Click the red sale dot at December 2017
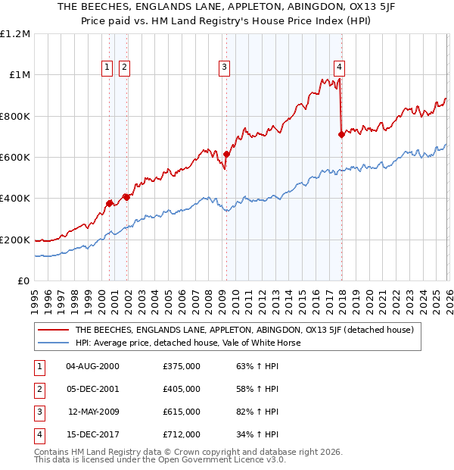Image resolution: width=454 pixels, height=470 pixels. coord(341,135)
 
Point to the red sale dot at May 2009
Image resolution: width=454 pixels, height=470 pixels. coord(226,155)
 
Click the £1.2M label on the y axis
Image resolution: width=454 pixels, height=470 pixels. coord(15,34)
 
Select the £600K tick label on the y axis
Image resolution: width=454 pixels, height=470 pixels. coord(15,158)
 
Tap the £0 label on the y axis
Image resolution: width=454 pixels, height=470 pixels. coord(23,281)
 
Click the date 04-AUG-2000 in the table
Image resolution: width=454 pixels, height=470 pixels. coord(92,366)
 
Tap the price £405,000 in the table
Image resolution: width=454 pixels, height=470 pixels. coord(182,389)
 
